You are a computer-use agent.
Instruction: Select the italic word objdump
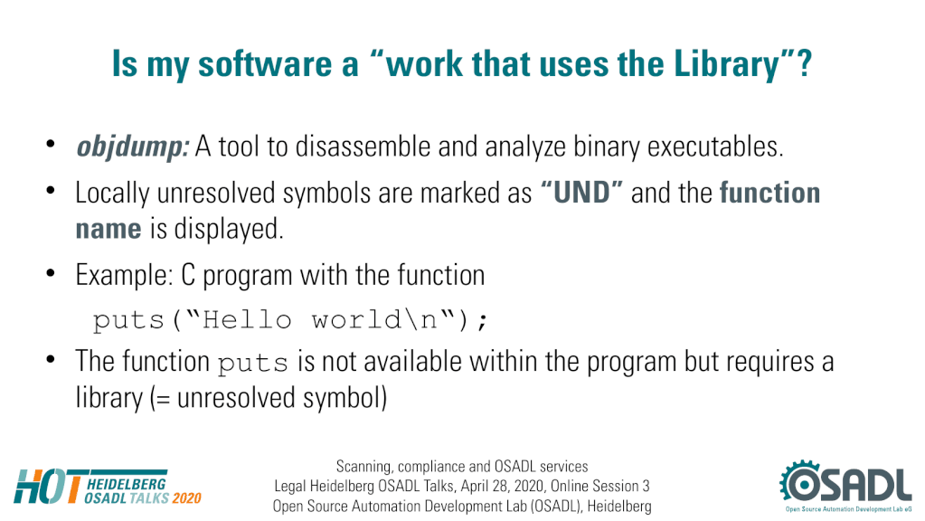133,147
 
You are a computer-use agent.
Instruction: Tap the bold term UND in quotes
581,193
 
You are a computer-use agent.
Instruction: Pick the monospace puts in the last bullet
252,363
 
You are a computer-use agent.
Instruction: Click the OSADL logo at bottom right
845,486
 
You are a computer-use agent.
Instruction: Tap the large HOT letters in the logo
49,487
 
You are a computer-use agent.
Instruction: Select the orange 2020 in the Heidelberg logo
187,498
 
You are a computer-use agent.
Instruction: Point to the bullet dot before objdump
51,144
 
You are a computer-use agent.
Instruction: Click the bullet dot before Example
51,273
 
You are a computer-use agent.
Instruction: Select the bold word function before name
769,193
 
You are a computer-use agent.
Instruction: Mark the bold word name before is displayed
109,229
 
